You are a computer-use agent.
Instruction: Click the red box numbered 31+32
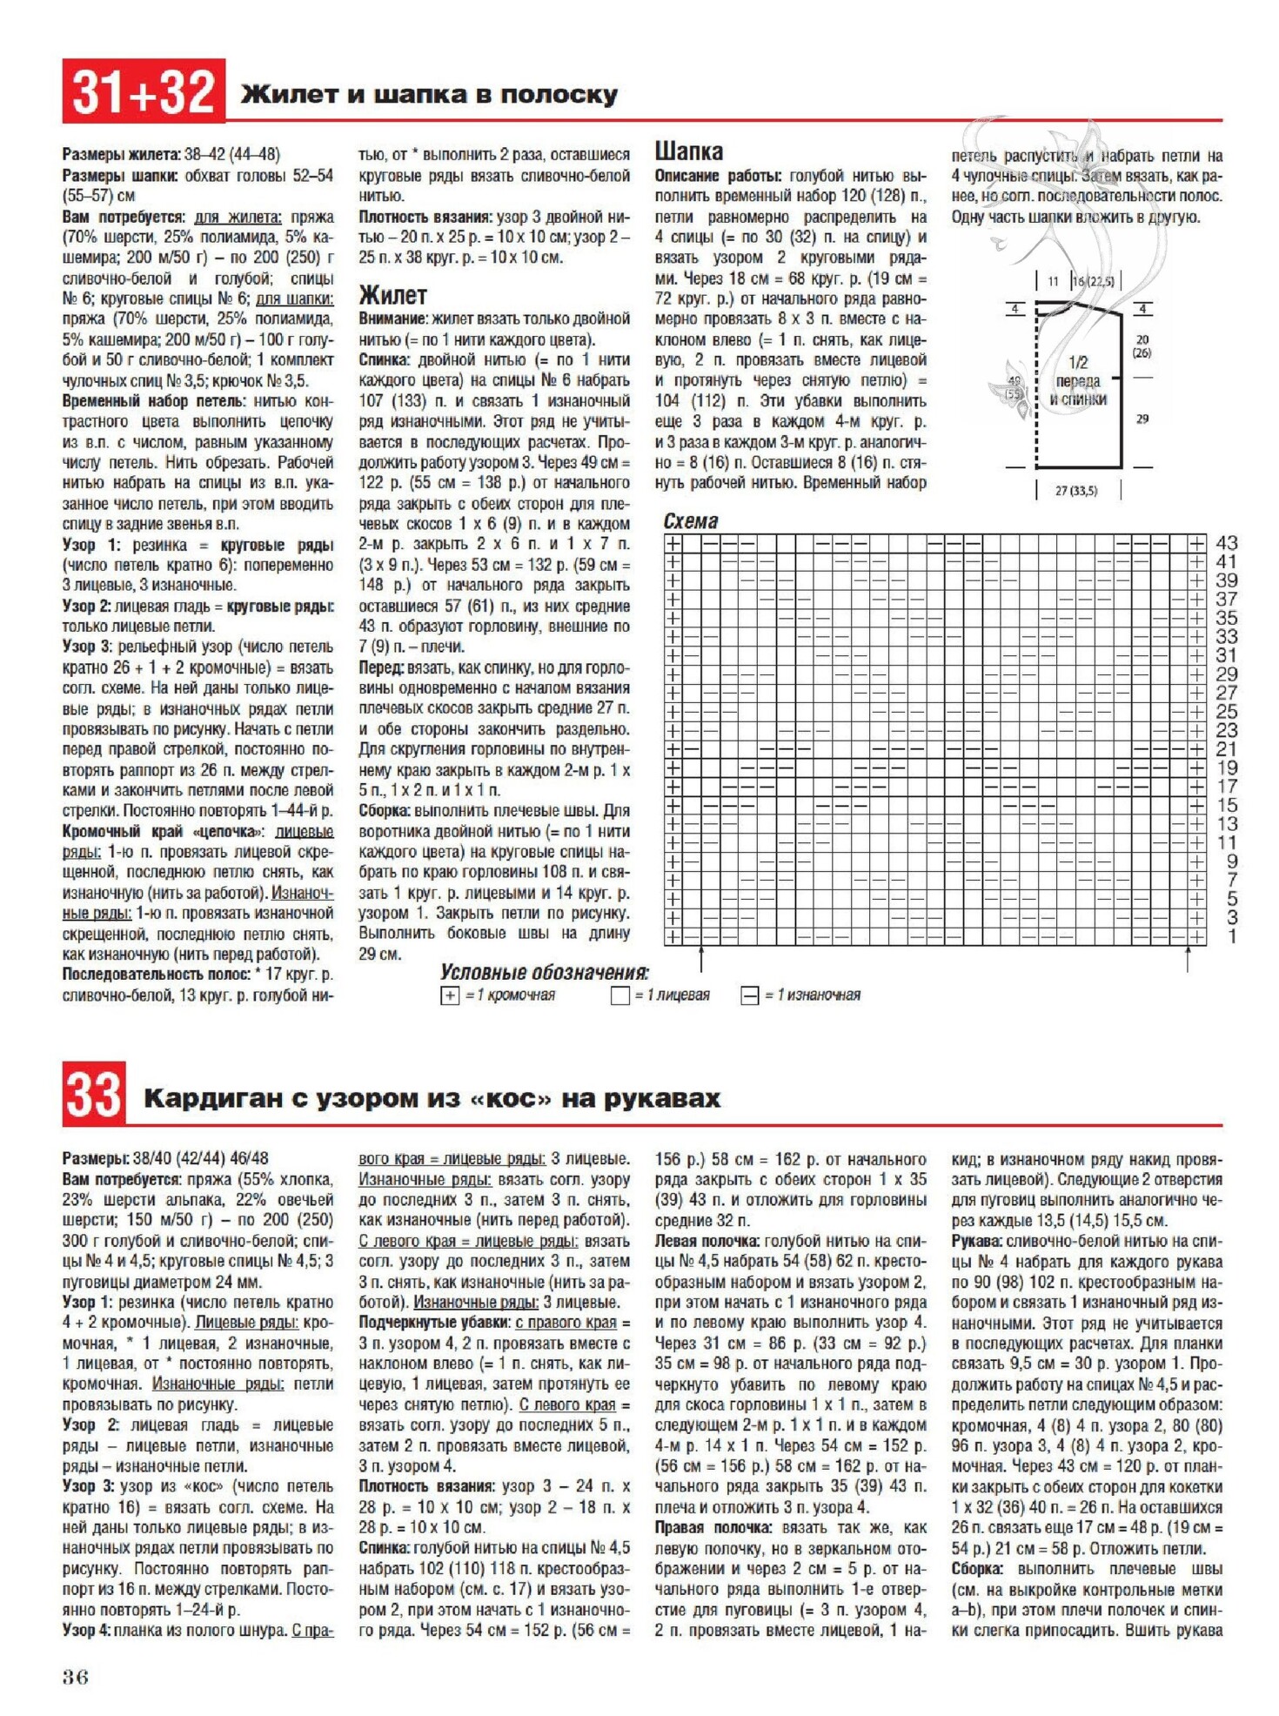click(x=144, y=91)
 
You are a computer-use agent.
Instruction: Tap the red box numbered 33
click(x=94, y=1094)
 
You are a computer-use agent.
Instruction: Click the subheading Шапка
click(x=688, y=151)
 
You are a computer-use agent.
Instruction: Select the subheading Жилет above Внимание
click(x=392, y=295)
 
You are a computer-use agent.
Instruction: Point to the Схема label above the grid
click(x=691, y=521)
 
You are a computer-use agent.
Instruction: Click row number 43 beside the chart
click(x=1227, y=543)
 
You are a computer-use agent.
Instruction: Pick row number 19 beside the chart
click(x=1227, y=768)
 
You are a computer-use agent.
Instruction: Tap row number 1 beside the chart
click(x=1232, y=937)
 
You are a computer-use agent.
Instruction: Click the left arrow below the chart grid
click(x=701, y=959)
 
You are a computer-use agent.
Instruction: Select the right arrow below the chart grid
click(x=1188, y=959)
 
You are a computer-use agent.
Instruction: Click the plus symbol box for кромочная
click(x=450, y=995)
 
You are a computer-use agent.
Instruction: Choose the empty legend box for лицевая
click(x=619, y=995)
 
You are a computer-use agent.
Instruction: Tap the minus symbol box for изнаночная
click(x=749, y=995)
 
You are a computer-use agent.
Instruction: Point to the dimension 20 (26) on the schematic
click(x=1142, y=346)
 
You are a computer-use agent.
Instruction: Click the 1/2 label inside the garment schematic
click(x=1078, y=362)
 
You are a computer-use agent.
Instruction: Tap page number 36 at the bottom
click(x=76, y=1677)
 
